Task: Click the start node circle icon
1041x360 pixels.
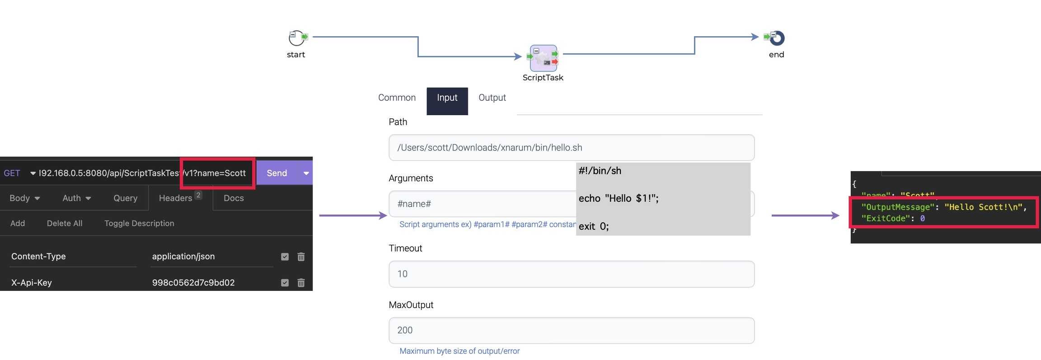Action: [x=296, y=38]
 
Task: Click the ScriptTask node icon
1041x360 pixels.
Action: [x=543, y=58]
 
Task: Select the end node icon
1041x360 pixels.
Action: [x=777, y=38]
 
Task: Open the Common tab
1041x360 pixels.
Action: [x=397, y=98]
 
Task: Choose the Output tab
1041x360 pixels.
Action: [x=492, y=98]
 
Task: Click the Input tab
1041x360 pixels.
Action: [x=447, y=98]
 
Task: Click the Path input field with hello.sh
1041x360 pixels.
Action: [x=571, y=148]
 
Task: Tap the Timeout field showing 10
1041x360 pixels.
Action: [x=571, y=274]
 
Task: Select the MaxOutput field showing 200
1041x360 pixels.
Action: [x=571, y=330]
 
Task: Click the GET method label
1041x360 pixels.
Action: [x=12, y=173]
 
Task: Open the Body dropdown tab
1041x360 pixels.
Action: [x=24, y=198]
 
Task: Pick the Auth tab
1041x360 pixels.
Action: [x=76, y=198]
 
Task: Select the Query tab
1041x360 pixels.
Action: [x=125, y=198]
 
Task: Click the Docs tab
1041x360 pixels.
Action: [x=234, y=198]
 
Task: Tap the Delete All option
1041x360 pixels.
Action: [x=65, y=224]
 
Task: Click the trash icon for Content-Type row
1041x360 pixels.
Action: [x=301, y=257]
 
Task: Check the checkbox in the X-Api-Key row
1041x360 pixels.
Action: [x=285, y=283]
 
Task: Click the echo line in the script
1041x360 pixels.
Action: [x=618, y=199]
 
